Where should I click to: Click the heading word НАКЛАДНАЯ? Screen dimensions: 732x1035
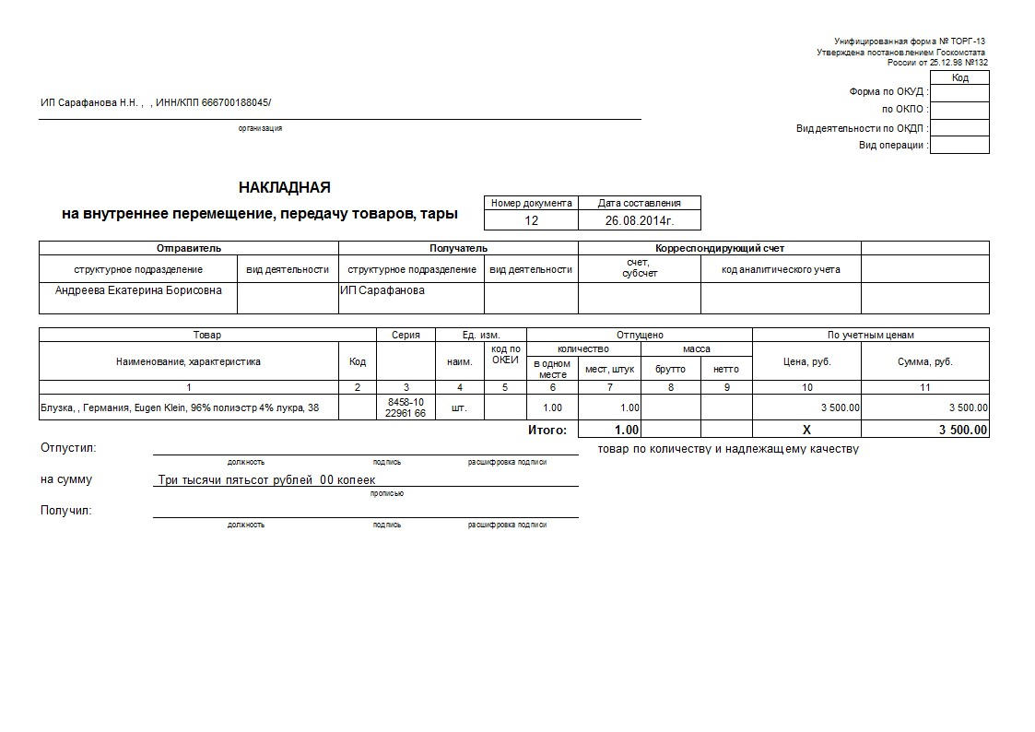point(284,188)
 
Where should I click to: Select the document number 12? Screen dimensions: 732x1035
point(531,220)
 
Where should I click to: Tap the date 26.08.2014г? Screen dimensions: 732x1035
point(640,220)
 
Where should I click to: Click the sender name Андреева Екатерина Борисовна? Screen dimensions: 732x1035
point(138,289)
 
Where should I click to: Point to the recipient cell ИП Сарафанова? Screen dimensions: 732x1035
point(382,289)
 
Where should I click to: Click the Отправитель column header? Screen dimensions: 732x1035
point(188,248)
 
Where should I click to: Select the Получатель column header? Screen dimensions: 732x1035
point(458,248)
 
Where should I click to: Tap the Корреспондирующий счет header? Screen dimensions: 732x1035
point(719,248)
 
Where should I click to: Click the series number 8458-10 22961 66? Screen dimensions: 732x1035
point(406,407)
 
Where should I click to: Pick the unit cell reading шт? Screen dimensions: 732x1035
point(460,407)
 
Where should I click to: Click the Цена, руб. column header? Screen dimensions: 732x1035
point(806,361)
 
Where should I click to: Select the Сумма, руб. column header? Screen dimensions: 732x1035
point(924,361)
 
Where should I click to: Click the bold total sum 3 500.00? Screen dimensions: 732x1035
point(963,430)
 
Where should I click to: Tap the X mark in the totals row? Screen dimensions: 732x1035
point(806,430)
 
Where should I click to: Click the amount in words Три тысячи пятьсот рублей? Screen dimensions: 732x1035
point(266,479)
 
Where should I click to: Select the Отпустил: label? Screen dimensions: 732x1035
point(68,448)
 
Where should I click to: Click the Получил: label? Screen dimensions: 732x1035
point(66,510)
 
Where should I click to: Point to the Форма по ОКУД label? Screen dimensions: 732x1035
point(888,92)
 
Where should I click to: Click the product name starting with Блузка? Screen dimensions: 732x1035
point(180,407)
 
